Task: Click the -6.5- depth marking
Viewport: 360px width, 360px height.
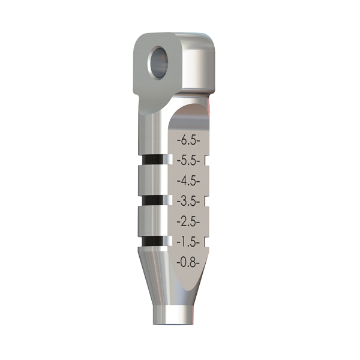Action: pyautogui.click(x=188, y=140)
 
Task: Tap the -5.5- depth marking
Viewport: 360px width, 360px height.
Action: pyautogui.click(x=188, y=161)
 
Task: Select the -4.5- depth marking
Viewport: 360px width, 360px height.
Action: pyautogui.click(x=188, y=181)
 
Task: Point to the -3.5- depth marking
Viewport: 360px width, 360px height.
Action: pyautogui.click(x=188, y=202)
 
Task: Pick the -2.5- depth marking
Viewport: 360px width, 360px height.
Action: pyautogui.click(x=188, y=221)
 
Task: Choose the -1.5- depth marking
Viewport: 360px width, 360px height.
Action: pyautogui.click(x=188, y=242)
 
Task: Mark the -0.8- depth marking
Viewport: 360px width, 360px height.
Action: pyautogui.click(x=188, y=262)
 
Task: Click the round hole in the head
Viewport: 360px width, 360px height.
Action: pyautogui.click(x=158, y=63)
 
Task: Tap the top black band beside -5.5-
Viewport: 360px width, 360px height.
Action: pyautogui.click(x=153, y=160)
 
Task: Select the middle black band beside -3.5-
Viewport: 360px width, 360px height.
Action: pyautogui.click(x=153, y=200)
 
